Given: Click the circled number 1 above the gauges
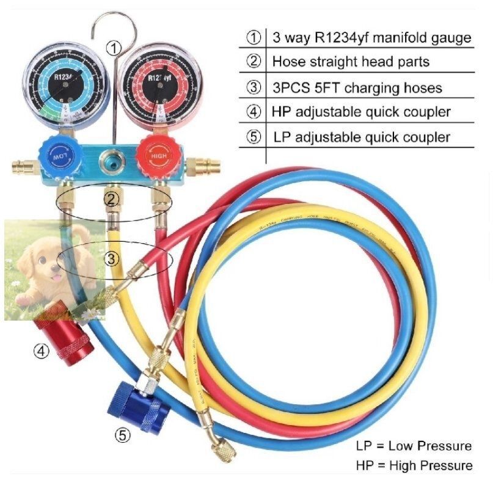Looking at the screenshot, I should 114,47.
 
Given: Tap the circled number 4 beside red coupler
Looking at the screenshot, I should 41,352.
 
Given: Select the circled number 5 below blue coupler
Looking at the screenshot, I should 123,435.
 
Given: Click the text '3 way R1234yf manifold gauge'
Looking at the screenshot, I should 371,38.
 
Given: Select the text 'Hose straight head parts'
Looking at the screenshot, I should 351,62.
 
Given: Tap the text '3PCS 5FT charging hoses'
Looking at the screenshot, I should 357,87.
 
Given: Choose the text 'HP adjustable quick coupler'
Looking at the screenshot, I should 362,112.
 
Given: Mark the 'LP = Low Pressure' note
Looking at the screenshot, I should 414,445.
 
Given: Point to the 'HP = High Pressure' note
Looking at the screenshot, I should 414,465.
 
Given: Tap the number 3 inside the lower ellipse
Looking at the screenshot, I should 111,258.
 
